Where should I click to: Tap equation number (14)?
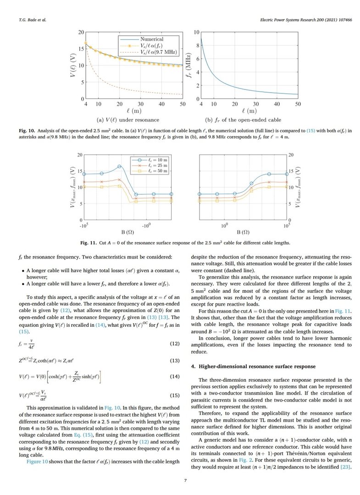(x=175, y=377)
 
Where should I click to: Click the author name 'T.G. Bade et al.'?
(x=31, y=20)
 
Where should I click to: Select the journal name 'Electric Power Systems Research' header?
(x=288, y=20)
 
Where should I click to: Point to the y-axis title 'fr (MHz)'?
(x=182, y=65)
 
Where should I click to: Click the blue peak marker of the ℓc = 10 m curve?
(x=119, y=166)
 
